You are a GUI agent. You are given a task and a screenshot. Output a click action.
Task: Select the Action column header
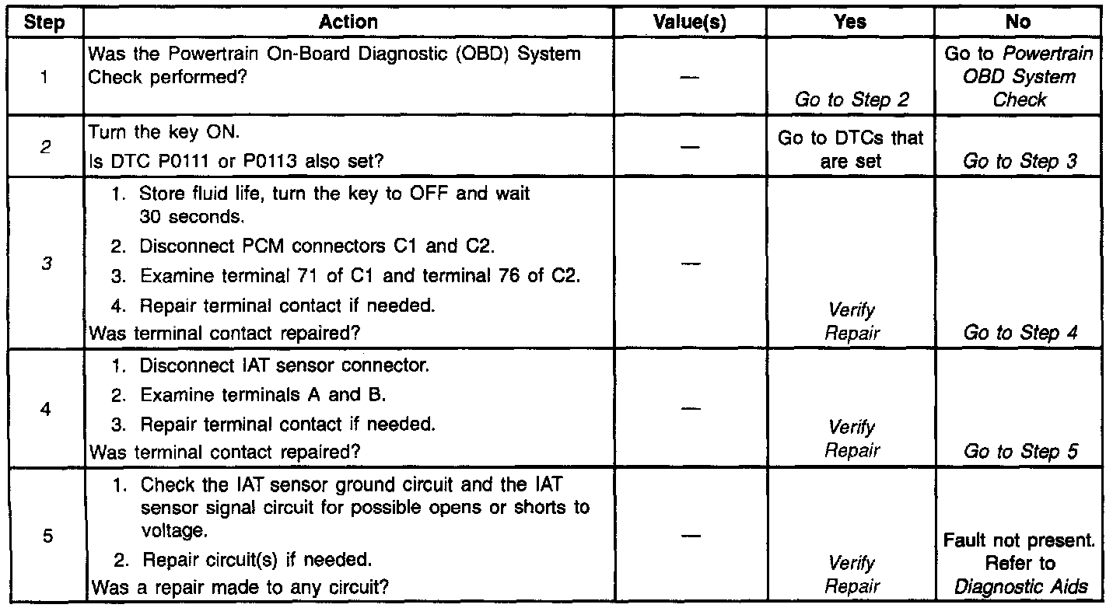click(x=348, y=23)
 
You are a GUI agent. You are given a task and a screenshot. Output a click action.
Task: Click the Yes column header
click(x=850, y=23)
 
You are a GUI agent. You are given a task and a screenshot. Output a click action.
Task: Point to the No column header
click(x=1018, y=23)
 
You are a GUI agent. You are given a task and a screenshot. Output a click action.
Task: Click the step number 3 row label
click(x=46, y=264)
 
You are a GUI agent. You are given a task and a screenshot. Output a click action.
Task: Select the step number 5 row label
click(x=46, y=536)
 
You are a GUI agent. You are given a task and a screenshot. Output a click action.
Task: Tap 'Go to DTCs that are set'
click(x=850, y=149)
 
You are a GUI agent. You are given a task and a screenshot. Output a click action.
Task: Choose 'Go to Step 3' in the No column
click(x=1020, y=161)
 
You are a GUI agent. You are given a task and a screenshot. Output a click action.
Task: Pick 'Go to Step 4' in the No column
click(x=1020, y=333)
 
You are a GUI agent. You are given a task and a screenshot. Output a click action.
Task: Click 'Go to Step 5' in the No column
click(x=1020, y=452)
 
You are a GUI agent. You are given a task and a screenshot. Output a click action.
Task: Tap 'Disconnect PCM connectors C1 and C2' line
click(x=317, y=246)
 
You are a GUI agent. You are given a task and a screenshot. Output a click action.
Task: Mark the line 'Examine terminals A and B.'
click(x=263, y=395)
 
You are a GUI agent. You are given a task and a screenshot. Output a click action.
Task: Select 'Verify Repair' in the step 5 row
click(x=851, y=575)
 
